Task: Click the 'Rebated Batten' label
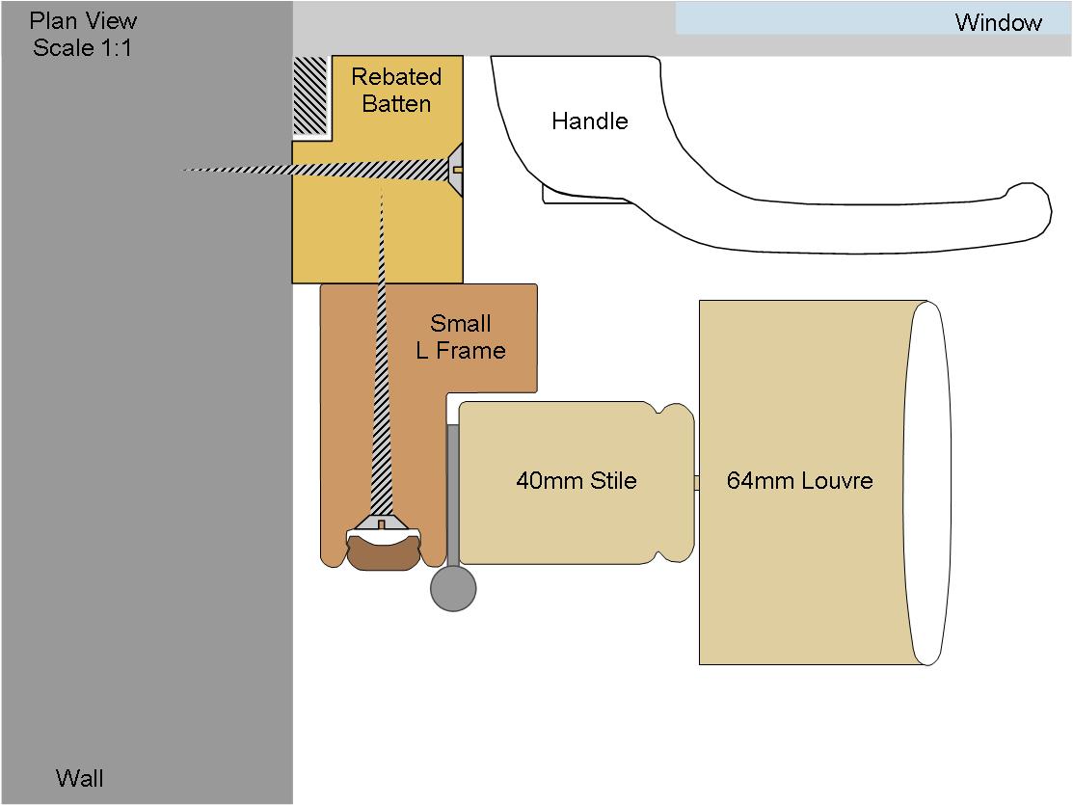point(396,90)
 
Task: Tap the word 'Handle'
point(590,121)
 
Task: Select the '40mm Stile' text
point(577,480)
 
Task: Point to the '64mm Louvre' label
point(799,480)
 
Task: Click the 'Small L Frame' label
point(461,336)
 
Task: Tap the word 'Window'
point(999,22)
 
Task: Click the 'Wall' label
point(79,778)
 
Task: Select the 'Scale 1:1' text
point(82,48)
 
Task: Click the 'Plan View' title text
point(83,20)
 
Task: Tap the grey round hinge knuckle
point(453,588)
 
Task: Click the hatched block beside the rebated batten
point(310,95)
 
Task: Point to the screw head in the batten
point(455,170)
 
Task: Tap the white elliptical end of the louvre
point(928,483)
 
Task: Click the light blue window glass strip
point(873,17)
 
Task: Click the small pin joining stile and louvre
point(697,483)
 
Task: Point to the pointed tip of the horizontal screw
point(183,170)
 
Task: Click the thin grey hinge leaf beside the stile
point(452,496)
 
